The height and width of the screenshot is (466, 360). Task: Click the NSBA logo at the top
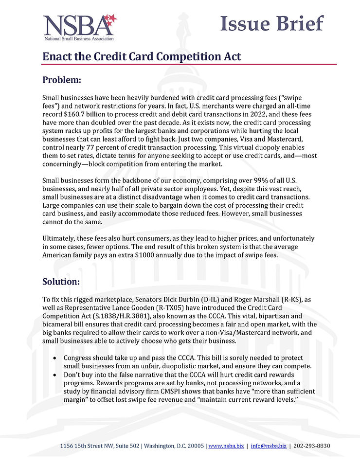pos(80,27)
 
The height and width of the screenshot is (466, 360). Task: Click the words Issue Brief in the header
pos(271,23)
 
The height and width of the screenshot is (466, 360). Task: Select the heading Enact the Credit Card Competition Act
pos(142,56)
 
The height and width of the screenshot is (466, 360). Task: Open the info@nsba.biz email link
pos(269,446)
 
